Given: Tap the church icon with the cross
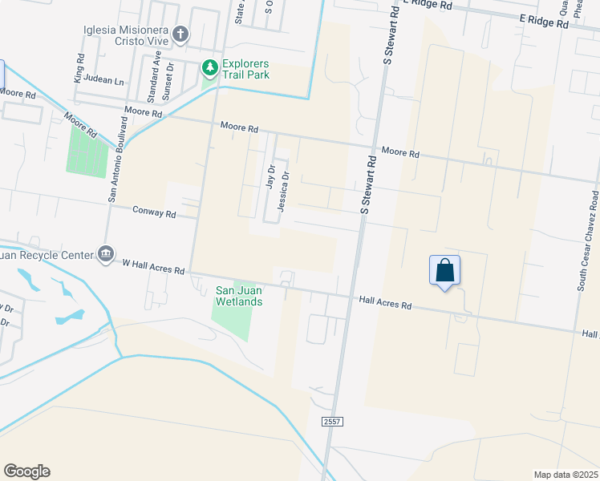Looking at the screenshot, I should tap(180, 34).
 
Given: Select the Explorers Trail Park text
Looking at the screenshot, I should tap(245, 69).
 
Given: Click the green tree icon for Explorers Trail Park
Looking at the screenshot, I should tap(210, 68).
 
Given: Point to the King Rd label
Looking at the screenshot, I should tap(79, 68).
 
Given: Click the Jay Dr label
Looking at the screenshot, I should tap(270, 177).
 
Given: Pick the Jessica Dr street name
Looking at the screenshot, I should tap(282, 192).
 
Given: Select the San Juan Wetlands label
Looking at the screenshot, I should tap(240, 296).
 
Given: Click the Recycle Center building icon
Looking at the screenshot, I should tap(105, 253).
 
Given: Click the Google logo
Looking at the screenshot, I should tap(26, 471).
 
